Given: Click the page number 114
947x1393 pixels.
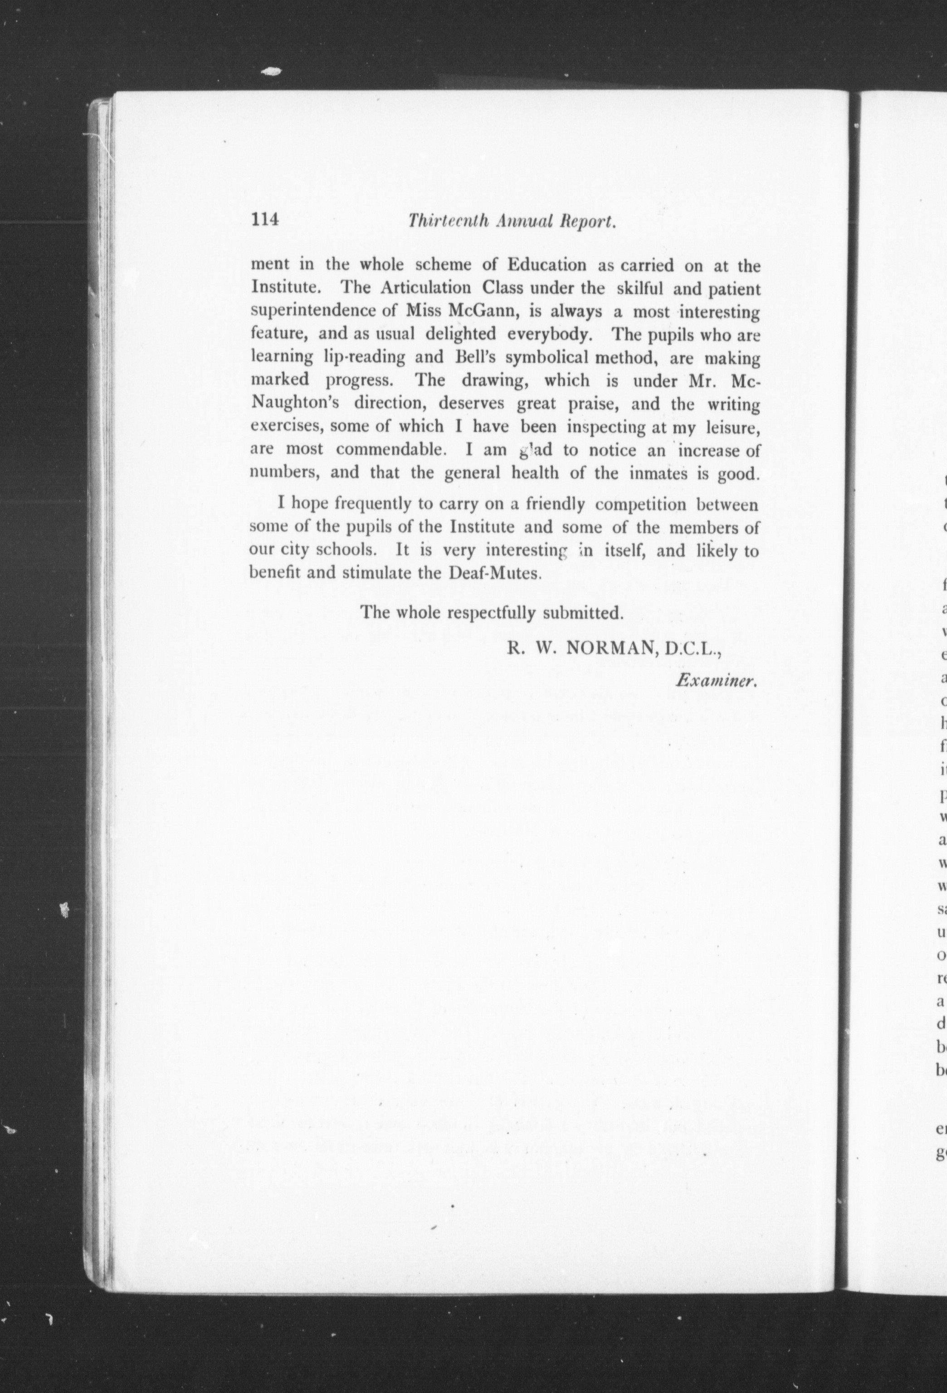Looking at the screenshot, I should click(x=265, y=219).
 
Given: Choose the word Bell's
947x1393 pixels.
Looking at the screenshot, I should click(x=477, y=357).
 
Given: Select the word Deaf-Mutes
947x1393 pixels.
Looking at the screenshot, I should click(x=495, y=573).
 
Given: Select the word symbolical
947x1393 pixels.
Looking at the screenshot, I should click(x=546, y=357).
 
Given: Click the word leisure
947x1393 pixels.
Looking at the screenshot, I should click(x=734, y=426).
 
